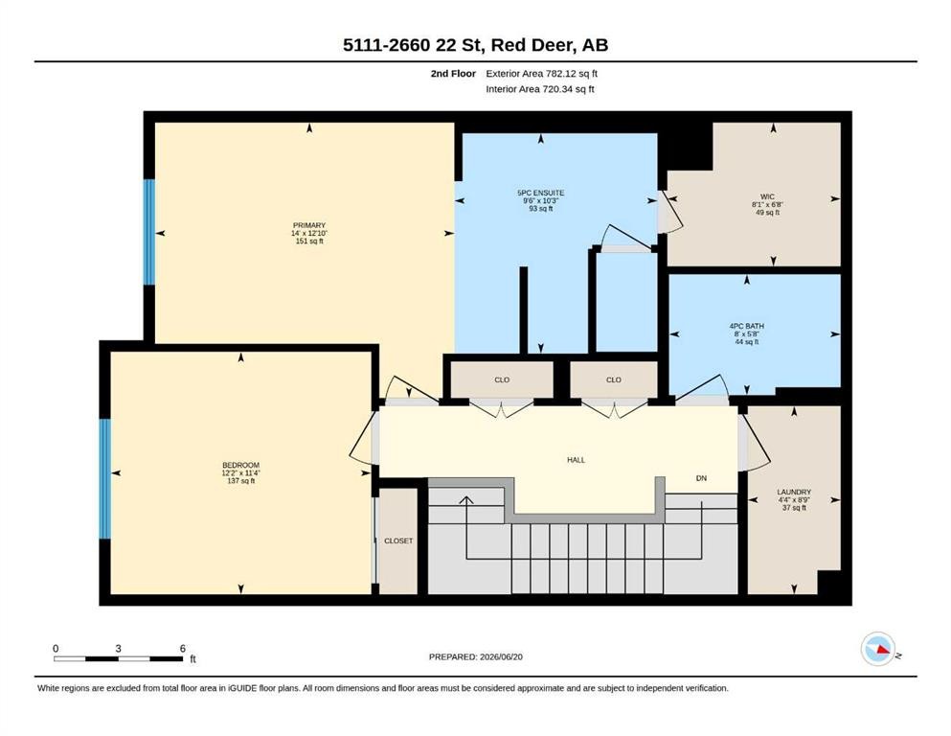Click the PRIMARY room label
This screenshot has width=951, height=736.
(x=309, y=225)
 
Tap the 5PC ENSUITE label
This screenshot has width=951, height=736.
(x=540, y=193)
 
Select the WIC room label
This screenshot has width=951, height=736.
(x=767, y=196)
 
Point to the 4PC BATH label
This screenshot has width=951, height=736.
(x=747, y=326)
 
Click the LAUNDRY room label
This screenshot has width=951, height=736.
(x=794, y=492)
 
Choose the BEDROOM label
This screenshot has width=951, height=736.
(x=240, y=466)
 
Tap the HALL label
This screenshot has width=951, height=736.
(x=577, y=460)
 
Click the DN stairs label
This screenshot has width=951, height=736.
(x=701, y=478)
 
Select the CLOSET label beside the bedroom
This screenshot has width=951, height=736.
(x=398, y=540)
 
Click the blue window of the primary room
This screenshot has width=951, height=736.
(x=149, y=232)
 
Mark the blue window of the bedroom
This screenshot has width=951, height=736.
(x=105, y=479)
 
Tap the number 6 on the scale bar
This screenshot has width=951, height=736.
(x=183, y=649)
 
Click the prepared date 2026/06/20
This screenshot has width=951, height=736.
(x=501, y=656)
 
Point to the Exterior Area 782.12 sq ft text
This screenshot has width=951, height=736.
(x=542, y=74)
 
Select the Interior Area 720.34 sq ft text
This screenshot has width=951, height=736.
(x=540, y=89)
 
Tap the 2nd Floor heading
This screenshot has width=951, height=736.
(x=453, y=74)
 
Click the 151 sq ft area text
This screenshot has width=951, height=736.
(x=309, y=241)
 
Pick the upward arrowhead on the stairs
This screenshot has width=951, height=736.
(x=465, y=500)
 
